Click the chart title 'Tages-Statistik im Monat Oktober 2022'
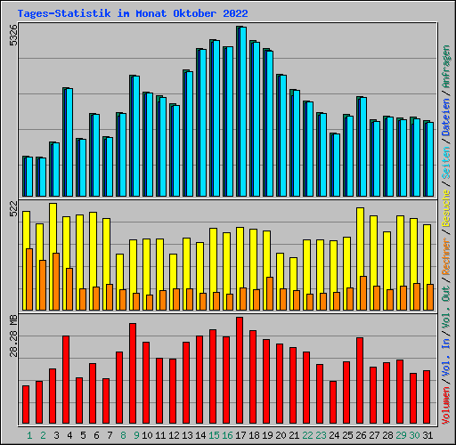(x=133, y=13)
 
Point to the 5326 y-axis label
(x=12, y=36)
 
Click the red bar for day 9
(x=133, y=374)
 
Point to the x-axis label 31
(x=427, y=435)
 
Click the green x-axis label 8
(x=122, y=435)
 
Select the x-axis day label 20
(x=281, y=435)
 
